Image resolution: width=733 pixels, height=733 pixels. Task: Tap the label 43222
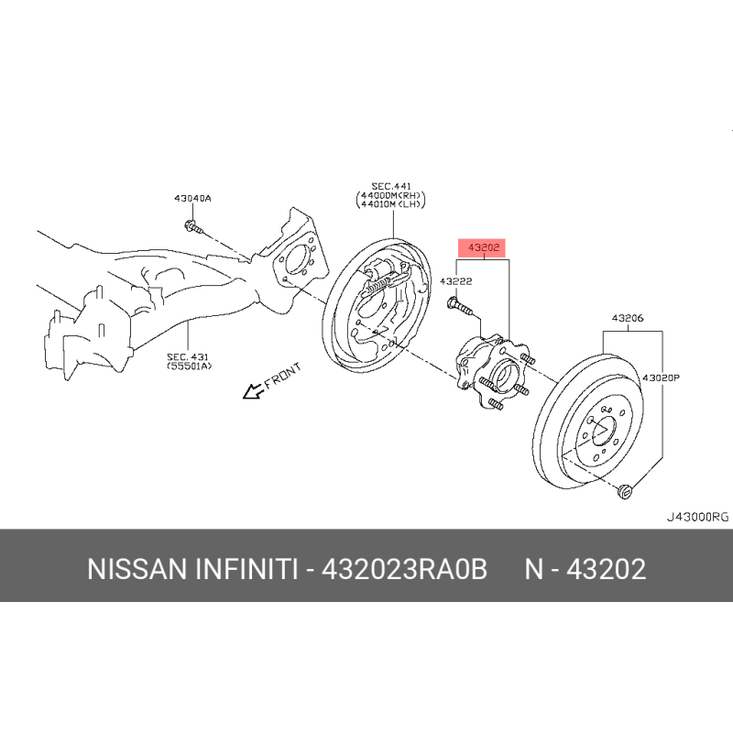coord(455,281)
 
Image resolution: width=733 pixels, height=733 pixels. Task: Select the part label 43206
coord(628,318)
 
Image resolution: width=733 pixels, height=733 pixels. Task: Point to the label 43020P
coord(661,377)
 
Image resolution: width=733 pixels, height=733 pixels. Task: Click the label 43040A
coord(192,198)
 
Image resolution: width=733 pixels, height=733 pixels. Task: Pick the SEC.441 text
coord(392,186)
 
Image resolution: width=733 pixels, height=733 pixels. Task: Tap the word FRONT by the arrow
coord(283,376)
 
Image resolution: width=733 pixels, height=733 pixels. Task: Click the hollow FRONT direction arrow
coord(253,391)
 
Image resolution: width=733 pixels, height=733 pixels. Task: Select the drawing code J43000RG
coord(697,517)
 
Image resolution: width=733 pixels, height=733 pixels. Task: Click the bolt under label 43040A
coord(193,227)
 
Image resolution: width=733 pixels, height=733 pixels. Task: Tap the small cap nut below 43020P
coord(625,492)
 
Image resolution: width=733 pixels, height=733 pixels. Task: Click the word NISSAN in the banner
coord(137,569)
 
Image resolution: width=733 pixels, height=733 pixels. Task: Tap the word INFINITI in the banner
coord(246,569)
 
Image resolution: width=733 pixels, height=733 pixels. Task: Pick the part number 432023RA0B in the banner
coord(404,569)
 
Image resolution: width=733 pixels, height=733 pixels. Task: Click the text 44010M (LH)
coord(391,203)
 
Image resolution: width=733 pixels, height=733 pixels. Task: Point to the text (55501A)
coord(190,366)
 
